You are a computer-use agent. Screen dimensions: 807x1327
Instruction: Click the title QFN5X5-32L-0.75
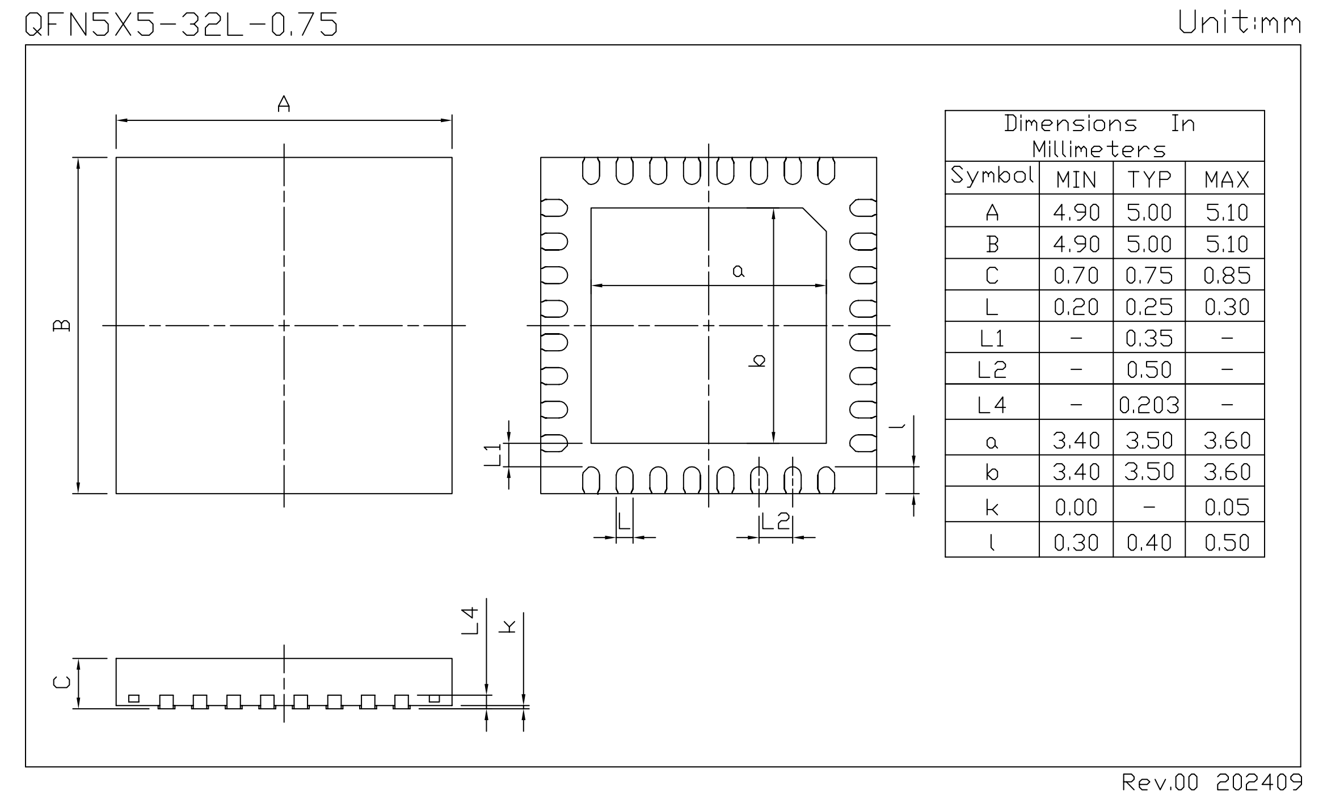tap(182, 24)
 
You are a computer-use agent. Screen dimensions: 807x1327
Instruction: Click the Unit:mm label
tap(1239, 23)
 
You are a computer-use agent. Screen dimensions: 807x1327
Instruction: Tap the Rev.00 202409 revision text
tap(1212, 783)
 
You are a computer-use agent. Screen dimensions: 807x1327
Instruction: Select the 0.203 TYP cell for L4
tap(1149, 405)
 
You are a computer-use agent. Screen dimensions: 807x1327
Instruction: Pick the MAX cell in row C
tap(1226, 276)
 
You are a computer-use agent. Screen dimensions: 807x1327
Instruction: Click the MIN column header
tap(1076, 180)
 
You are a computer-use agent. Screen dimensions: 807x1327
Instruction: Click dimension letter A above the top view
tap(284, 104)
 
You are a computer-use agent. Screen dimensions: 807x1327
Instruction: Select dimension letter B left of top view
tap(62, 325)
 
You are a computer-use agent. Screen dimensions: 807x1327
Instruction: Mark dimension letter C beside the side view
tap(62, 681)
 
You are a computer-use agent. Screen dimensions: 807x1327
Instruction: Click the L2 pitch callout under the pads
tap(775, 521)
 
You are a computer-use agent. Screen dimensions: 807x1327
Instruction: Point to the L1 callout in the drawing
tap(493, 455)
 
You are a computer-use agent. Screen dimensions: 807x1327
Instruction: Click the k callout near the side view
tap(508, 626)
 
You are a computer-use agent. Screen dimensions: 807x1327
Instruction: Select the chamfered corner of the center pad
tap(814, 220)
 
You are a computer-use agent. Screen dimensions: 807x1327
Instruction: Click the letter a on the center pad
tap(738, 271)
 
